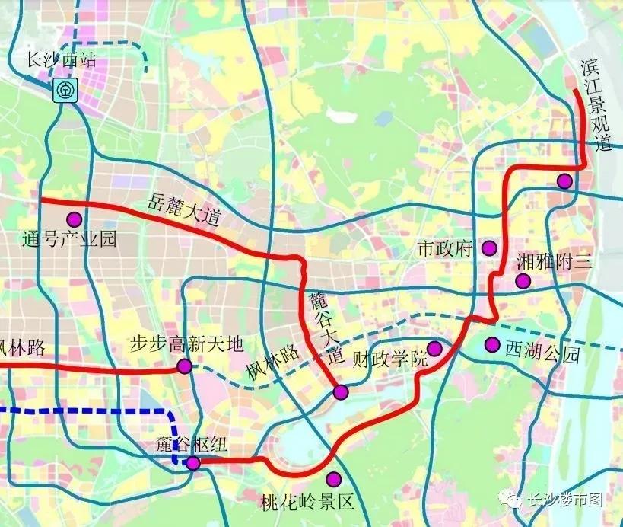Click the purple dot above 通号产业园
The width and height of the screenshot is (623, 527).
(x=75, y=219)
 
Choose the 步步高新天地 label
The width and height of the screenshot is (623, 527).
(x=186, y=345)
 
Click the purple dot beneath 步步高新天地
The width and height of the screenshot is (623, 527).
(x=184, y=367)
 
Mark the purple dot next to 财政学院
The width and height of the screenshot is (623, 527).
(x=434, y=349)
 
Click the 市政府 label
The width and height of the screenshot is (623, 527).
(x=446, y=248)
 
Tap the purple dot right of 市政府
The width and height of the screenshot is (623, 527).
(x=488, y=248)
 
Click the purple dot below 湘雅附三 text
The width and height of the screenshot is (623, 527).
(x=523, y=281)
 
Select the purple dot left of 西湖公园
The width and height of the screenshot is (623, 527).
(x=492, y=345)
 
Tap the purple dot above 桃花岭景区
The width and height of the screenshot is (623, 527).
(x=333, y=479)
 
